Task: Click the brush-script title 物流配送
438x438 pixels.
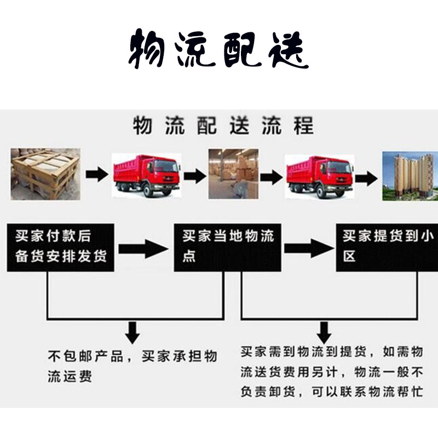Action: (x=218, y=49)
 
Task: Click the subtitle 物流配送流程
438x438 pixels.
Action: (x=223, y=125)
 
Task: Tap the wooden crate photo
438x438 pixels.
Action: (x=45, y=174)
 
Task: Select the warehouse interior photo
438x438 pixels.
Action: (x=233, y=174)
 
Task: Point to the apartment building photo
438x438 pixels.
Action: (x=410, y=176)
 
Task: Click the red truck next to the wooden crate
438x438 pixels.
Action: (x=146, y=175)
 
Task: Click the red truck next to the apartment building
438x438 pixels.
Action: (x=320, y=176)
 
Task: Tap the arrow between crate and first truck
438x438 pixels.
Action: (x=97, y=175)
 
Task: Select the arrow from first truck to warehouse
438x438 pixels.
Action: (x=195, y=176)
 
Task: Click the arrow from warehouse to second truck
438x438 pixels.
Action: (x=271, y=177)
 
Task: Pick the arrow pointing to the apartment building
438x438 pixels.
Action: (x=366, y=178)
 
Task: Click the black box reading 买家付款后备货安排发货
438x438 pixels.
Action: (x=61, y=247)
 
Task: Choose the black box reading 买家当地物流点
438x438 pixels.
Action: (x=227, y=247)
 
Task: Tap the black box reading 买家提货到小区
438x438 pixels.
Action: (x=387, y=247)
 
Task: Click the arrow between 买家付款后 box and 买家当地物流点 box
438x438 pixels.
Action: (x=143, y=249)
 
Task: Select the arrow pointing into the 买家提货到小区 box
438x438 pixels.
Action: (x=309, y=249)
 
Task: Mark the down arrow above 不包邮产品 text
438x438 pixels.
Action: (x=132, y=333)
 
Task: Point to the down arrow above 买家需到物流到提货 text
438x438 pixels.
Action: (x=324, y=333)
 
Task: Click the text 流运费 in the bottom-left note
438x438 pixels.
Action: (x=70, y=376)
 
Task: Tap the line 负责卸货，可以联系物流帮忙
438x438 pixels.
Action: (x=332, y=391)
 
